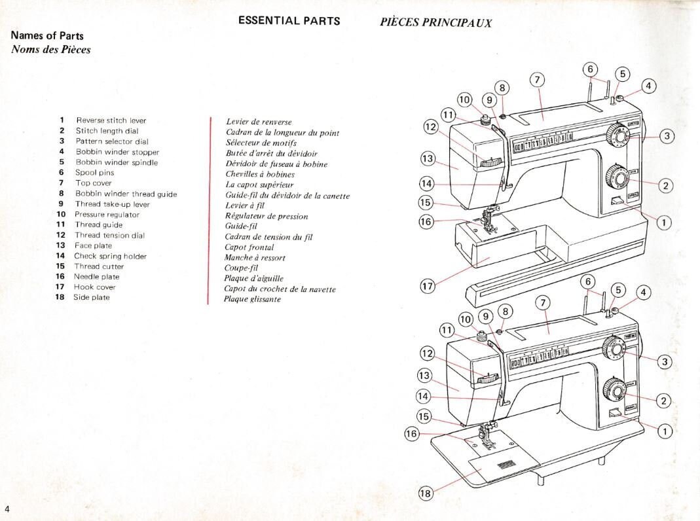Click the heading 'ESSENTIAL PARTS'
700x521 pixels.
click(289, 20)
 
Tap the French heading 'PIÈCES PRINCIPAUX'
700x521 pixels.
click(435, 23)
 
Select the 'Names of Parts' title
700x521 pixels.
click(47, 36)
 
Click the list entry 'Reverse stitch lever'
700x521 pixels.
click(111, 120)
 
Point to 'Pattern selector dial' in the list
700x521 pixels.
click(112, 141)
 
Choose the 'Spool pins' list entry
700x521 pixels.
click(95, 173)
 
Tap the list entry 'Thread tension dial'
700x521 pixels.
click(109, 235)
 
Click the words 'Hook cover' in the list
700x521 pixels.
click(95, 287)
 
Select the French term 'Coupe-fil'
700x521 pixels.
click(240, 268)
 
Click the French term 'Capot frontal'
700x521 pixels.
click(249, 247)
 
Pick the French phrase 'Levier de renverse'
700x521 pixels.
click(259, 122)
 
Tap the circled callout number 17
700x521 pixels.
click(426, 286)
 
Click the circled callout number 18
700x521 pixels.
click(426, 494)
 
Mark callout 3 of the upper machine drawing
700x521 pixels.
click(667, 136)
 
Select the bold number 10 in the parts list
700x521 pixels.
click(61, 215)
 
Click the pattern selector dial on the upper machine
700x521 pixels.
click(617, 135)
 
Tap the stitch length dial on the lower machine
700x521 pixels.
click(614, 390)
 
